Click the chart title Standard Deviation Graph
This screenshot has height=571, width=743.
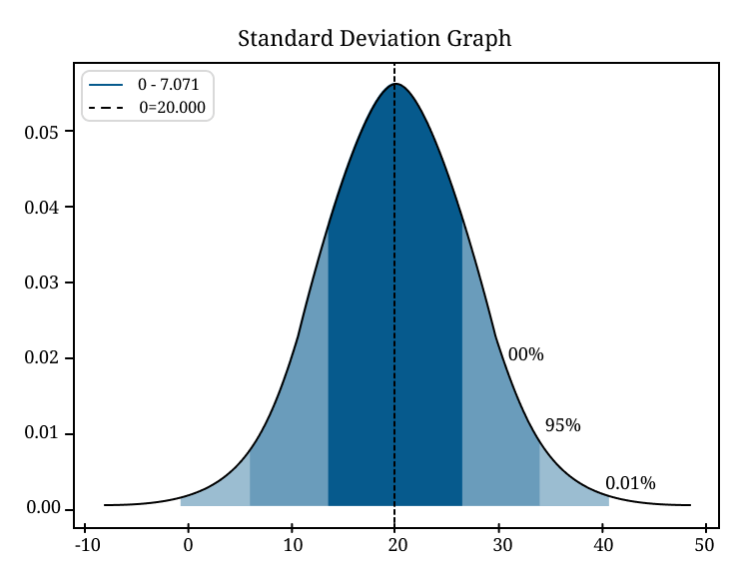374,39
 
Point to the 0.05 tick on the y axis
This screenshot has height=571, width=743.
43,132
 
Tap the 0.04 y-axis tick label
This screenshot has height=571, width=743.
43,208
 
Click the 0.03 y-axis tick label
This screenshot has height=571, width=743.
43,283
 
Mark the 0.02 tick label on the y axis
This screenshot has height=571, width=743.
43,358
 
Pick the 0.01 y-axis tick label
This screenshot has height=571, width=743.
43,434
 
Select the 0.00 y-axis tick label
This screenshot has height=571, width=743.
43,509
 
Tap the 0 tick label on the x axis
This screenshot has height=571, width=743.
188,545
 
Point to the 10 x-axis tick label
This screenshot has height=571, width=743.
292,545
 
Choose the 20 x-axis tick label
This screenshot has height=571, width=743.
395,545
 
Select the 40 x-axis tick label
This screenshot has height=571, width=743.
602,545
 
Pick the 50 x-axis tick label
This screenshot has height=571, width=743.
706,545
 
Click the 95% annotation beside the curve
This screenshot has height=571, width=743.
562,425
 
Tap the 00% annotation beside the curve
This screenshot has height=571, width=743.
525,354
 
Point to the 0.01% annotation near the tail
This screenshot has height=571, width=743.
630,484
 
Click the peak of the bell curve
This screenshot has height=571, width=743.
395,84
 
